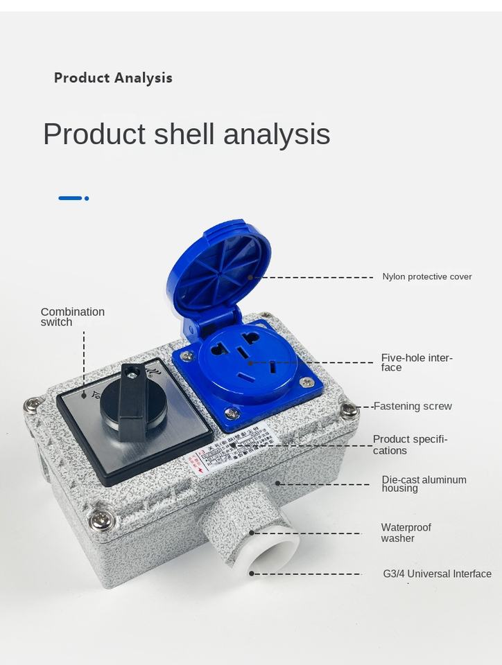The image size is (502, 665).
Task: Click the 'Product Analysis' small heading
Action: click(113, 78)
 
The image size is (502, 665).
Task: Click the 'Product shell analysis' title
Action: click(187, 134)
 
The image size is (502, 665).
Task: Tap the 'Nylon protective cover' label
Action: click(426, 276)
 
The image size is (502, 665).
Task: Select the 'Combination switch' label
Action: click(72, 317)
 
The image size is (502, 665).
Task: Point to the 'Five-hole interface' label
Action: click(416, 362)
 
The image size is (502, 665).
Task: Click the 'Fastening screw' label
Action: click(413, 406)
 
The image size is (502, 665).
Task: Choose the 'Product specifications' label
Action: click(410, 445)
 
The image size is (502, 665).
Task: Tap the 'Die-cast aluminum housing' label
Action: click(424, 484)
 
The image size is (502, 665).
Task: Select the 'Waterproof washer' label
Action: click(406, 533)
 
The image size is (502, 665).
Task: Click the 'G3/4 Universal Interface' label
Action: click(437, 574)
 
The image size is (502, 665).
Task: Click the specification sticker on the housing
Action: click(232, 453)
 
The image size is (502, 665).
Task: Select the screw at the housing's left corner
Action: click(31, 405)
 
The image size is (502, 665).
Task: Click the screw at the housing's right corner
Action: click(349, 409)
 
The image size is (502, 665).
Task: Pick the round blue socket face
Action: click(248, 364)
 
